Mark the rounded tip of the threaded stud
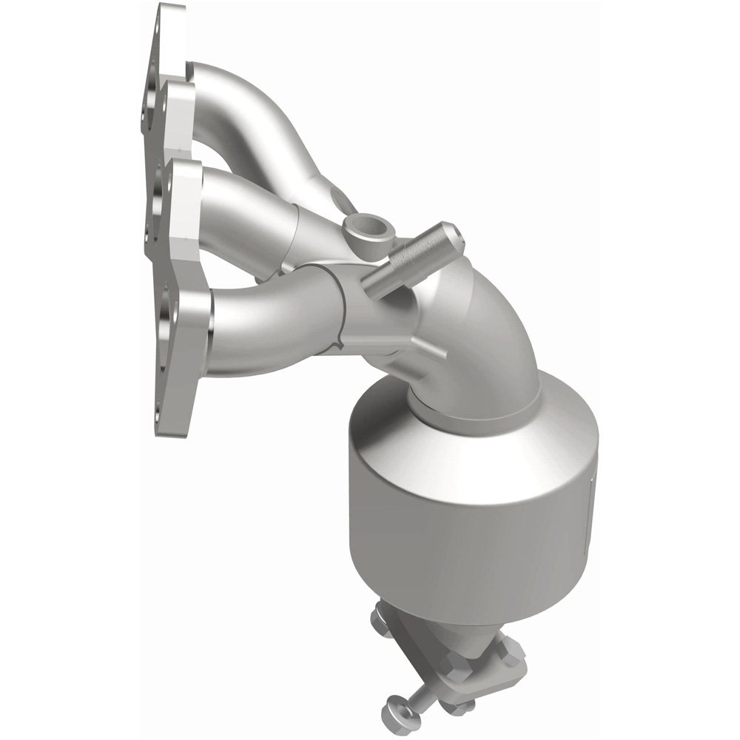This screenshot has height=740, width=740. (453, 233)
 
